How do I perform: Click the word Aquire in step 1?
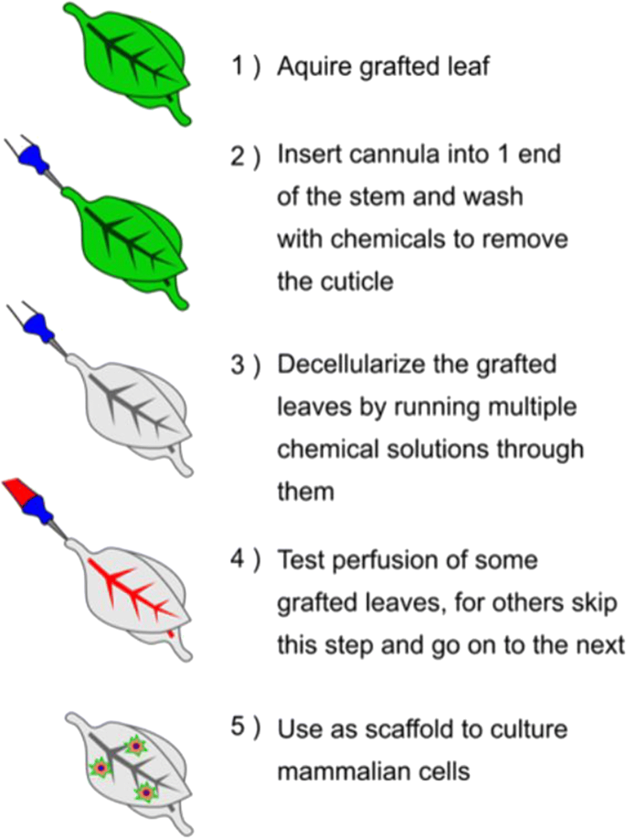click(312, 67)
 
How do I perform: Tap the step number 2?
click(239, 156)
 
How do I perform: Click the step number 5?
click(239, 729)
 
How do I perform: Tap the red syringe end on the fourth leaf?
click(18, 494)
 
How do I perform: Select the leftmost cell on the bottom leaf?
click(98, 769)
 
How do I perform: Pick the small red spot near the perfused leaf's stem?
click(172, 631)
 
